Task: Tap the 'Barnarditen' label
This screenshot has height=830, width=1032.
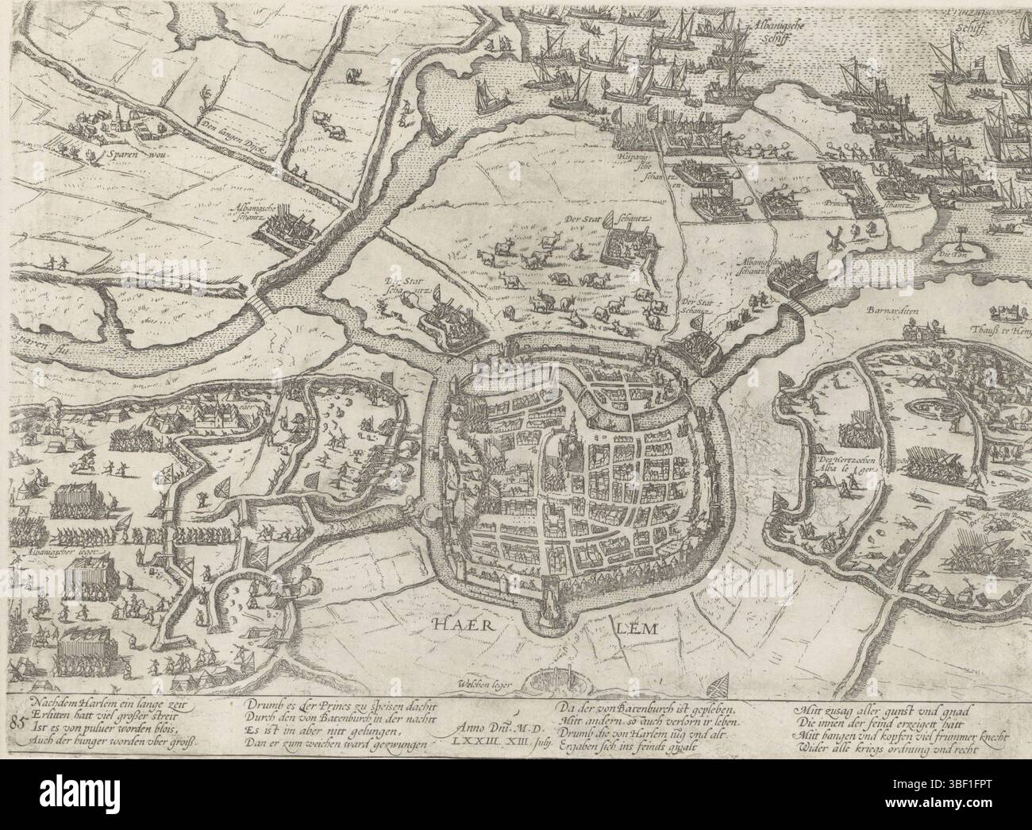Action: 887,313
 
